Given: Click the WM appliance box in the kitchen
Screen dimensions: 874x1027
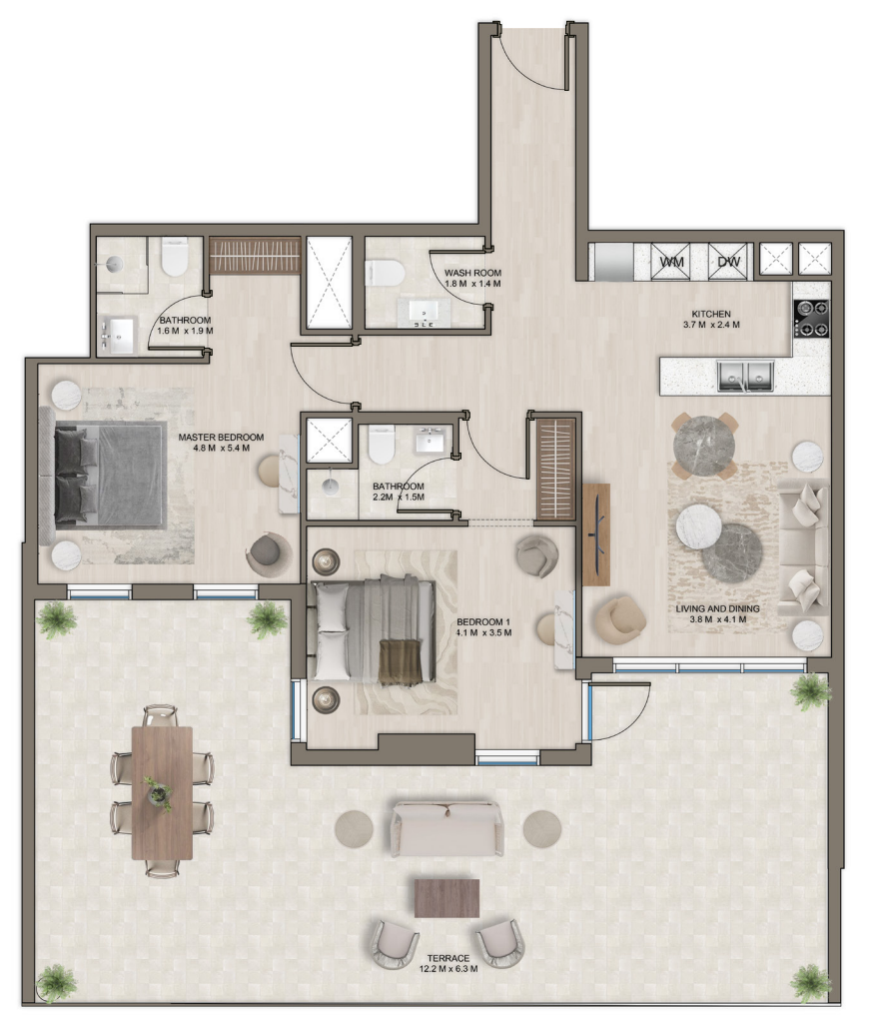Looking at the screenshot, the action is tap(671, 262).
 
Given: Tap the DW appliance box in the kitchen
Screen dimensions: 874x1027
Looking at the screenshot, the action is tap(728, 262).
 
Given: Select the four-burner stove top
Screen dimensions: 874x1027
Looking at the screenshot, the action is tap(811, 319).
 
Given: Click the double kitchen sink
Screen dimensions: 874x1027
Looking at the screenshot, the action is tap(745, 376).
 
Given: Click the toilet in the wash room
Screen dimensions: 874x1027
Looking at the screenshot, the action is tap(385, 273).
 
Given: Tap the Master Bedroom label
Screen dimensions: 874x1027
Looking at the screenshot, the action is tap(222, 438).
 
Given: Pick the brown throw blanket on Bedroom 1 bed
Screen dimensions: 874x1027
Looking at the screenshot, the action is tap(401, 662).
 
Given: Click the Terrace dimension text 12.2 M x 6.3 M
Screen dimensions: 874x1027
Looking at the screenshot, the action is tap(448, 969).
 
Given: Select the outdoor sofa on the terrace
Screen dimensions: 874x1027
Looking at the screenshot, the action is tap(448, 827).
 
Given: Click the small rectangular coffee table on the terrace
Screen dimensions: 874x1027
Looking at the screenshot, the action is tap(447, 898).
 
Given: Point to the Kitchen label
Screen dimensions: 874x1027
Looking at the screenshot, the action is tap(711, 315).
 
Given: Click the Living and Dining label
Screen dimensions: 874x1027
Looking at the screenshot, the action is tap(717, 608).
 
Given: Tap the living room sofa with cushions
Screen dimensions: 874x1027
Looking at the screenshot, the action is tap(804, 547).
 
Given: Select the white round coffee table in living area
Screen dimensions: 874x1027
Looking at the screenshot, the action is tap(699, 525).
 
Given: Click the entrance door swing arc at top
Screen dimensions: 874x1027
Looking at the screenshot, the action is tap(524, 68).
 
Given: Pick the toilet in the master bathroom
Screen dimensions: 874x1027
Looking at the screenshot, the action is tap(174, 257).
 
